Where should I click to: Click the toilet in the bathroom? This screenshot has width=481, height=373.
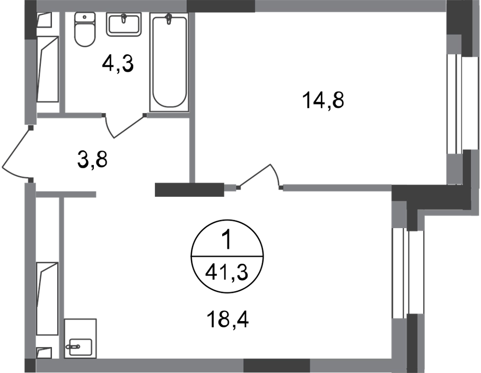pyautogui.click(x=85, y=30)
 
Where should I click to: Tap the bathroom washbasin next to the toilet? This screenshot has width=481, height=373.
pyautogui.click(x=124, y=24)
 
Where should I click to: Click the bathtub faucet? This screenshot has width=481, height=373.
pyautogui.click(x=169, y=19)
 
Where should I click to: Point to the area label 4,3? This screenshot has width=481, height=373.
pyautogui.click(x=118, y=64)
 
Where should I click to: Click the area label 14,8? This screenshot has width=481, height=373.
pyautogui.click(x=323, y=100)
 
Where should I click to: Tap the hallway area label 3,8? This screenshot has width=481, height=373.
pyautogui.click(x=92, y=160)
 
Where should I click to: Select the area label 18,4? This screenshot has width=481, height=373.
pyautogui.click(x=228, y=319)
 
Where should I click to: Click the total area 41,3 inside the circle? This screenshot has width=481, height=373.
pyautogui.click(x=226, y=272)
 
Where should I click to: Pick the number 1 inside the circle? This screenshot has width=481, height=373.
pyautogui.click(x=228, y=240)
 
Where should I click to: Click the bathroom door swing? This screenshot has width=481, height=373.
pyautogui.click(x=124, y=126)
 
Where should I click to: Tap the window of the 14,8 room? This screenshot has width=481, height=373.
pyautogui.click(x=454, y=104)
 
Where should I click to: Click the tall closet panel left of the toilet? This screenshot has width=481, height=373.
pyautogui.click(x=48, y=69)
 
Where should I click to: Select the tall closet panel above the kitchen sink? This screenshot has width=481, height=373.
pyautogui.click(x=47, y=298)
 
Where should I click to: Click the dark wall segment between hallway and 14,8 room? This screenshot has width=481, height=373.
pyautogui.click(x=189, y=190)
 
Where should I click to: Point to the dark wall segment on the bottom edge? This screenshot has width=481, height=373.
pyautogui.click(x=277, y=366)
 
